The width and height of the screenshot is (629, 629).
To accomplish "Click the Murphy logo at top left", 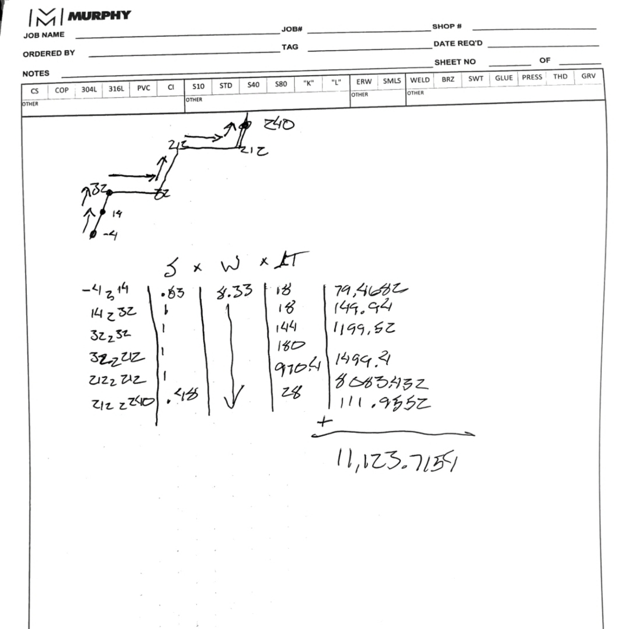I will (x=79, y=17).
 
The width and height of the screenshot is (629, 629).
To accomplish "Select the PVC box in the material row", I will (x=143, y=88).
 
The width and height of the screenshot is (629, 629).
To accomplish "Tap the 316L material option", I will (x=116, y=89).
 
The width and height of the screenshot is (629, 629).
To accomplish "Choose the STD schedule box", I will (x=225, y=86).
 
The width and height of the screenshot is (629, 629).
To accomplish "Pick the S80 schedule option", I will (x=281, y=84).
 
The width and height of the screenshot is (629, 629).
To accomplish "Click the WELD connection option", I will (x=420, y=80).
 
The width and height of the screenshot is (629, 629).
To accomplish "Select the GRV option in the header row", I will (x=588, y=76).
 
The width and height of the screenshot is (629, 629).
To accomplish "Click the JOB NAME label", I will (x=44, y=35).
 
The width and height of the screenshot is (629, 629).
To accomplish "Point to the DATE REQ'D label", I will (x=458, y=43).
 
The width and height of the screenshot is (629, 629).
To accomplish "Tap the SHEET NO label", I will (x=455, y=62).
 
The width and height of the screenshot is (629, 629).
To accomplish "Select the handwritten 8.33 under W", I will (x=234, y=291).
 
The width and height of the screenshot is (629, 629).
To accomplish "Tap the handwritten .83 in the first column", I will (x=173, y=293).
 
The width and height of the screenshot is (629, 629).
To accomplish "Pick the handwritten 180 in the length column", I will (x=290, y=346).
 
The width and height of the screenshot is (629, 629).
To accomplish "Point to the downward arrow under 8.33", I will (x=232, y=358).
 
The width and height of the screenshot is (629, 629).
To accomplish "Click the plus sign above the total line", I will (x=324, y=421).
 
